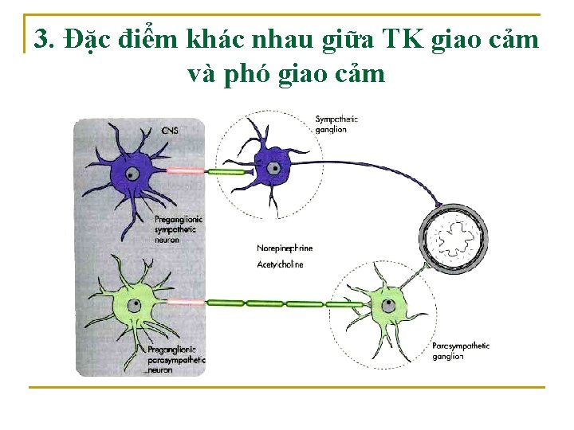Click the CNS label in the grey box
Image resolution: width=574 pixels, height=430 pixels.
pos(170,129)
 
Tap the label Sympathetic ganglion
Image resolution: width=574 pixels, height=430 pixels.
pos(336,124)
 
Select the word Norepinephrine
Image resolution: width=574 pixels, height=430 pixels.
pos(285,248)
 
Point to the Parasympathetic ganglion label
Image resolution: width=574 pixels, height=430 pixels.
pos(461,351)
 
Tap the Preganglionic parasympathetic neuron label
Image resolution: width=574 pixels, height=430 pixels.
pos(176,360)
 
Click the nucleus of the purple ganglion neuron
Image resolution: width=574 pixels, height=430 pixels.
pos(273,169)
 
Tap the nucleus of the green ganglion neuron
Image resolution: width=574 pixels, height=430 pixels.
pos(388,304)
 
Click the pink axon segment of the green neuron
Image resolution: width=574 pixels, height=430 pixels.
pos(186,303)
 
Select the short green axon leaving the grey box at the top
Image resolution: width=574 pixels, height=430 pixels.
pos(228,171)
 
